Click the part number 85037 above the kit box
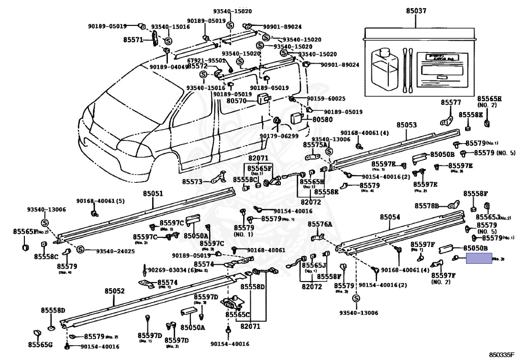click(x=416, y=10)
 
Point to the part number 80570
click(x=237, y=101)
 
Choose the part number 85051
click(x=153, y=193)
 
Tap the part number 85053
click(x=407, y=125)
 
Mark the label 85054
click(x=390, y=217)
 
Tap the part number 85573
click(x=193, y=181)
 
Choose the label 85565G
click(x=40, y=345)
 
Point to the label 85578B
click(x=426, y=206)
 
